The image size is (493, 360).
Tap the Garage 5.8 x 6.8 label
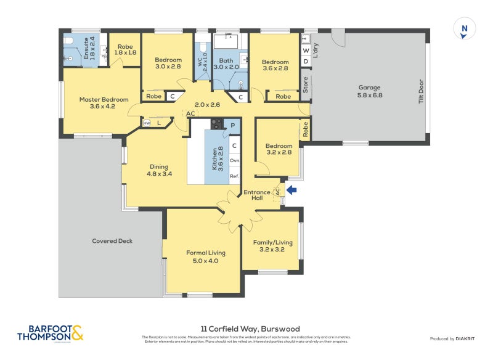[x=370, y=91]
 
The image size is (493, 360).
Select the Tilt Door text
[x=422, y=91]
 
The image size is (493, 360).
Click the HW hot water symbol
[x=147, y=123]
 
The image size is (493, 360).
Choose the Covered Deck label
[x=112, y=241]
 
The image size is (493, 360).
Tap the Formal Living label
[x=205, y=256]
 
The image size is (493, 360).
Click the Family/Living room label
[x=272, y=246]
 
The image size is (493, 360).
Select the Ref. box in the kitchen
[x=234, y=176]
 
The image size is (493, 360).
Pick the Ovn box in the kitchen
[x=234, y=161]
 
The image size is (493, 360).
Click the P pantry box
[x=234, y=125]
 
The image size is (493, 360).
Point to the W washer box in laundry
[x=306, y=51]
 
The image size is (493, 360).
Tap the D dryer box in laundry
[x=306, y=62]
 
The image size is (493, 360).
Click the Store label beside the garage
[x=305, y=83]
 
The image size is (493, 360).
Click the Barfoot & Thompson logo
[x=50, y=333]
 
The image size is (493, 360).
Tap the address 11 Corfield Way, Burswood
[x=246, y=329]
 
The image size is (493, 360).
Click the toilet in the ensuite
[x=70, y=41]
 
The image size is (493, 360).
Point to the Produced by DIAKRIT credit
[x=455, y=338]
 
